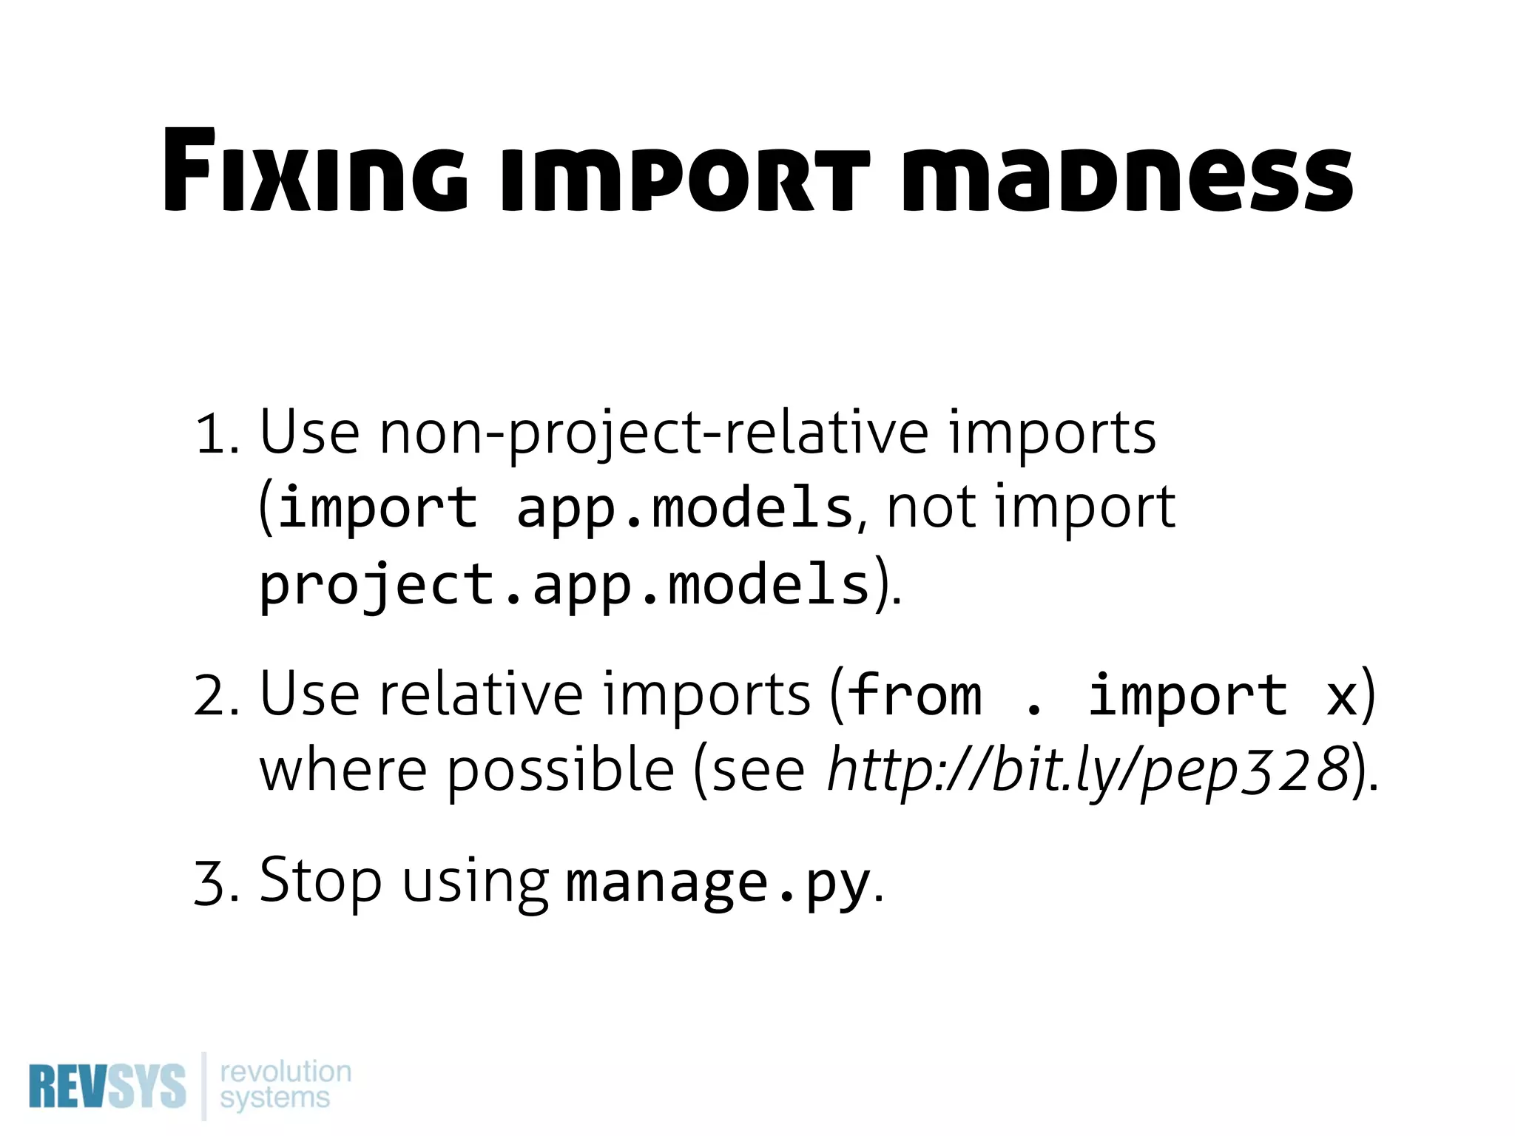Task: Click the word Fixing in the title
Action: (x=314, y=172)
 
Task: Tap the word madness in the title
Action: (x=1127, y=177)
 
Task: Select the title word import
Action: (x=685, y=177)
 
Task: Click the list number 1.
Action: (x=214, y=435)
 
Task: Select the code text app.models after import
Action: (x=685, y=509)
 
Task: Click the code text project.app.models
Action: (x=564, y=585)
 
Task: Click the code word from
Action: (x=914, y=695)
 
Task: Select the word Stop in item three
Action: (x=320, y=882)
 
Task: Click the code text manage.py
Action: (x=717, y=883)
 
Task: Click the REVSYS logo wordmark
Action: (x=107, y=1086)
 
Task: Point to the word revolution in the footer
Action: (x=286, y=1071)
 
